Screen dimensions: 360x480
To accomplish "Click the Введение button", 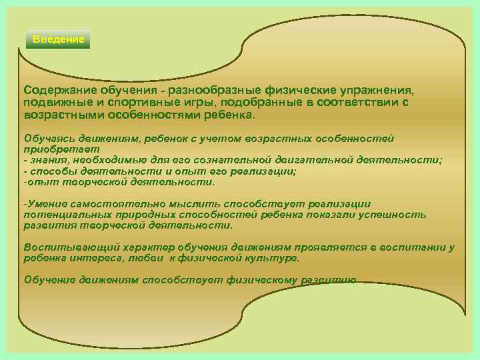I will [59, 39].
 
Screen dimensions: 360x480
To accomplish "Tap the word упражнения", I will [376, 89].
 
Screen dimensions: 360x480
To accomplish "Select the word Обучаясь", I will [48, 138].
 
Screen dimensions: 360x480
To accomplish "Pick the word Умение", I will [46, 204].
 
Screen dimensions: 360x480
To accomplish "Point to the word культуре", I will [270, 257].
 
